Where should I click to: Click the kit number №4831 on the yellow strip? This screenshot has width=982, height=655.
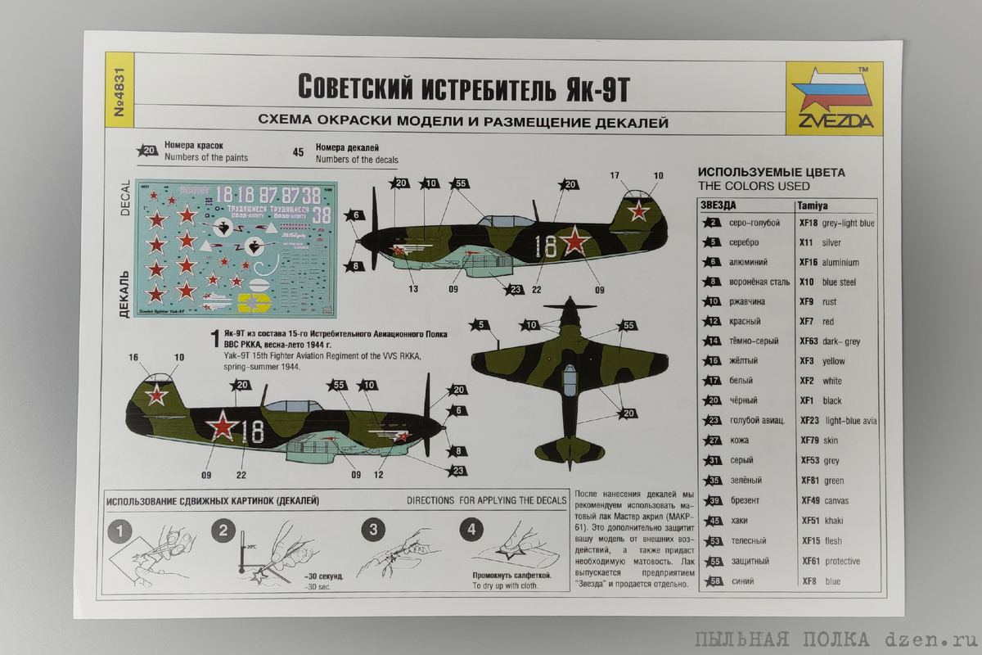tap(119, 95)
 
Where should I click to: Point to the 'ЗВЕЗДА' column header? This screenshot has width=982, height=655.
tap(719, 205)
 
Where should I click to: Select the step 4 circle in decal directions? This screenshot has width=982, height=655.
tap(470, 530)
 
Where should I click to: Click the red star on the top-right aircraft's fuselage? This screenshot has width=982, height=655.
tap(575, 241)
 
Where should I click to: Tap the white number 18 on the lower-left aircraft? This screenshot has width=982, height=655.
tap(253, 431)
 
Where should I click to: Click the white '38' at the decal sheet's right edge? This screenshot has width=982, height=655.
tap(322, 215)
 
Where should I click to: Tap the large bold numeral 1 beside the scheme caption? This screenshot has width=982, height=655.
tap(215, 338)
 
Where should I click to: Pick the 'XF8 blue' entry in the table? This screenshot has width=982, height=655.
tap(820, 581)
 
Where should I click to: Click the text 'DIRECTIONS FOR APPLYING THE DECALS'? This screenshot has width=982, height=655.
tap(485, 500)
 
